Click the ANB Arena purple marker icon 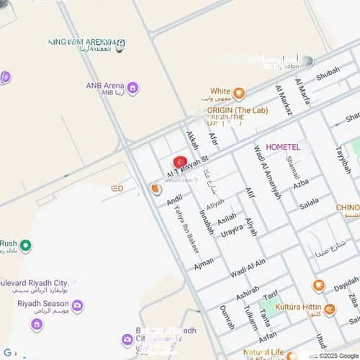point(132,89)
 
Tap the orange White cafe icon point(239,92)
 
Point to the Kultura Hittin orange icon point(329,310)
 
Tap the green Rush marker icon point(26,246)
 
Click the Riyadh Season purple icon point(77,306)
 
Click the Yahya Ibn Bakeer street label point(186,230)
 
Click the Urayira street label point(231,231)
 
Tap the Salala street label point(309,204)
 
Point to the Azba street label point(300,184)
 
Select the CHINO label point(347,208)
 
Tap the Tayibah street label point(342,159)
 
